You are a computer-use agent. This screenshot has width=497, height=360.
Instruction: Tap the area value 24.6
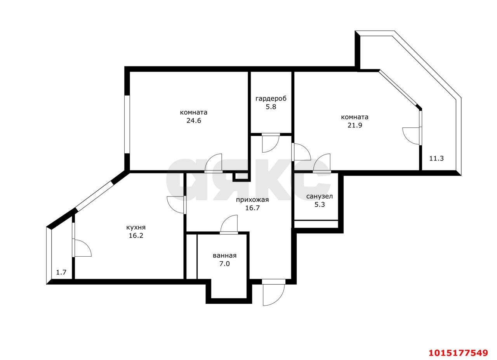tap(194, 120)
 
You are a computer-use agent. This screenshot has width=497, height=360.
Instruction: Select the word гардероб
tap(271, 99)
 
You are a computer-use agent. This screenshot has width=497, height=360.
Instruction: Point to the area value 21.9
tap(355, 125)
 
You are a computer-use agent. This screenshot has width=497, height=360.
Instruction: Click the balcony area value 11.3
tap(436, 158)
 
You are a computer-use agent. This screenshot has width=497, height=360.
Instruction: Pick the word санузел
tap(320, 196)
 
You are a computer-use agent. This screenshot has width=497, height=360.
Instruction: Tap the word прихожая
tap(252, 200)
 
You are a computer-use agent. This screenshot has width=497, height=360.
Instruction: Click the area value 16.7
tap(252, 208)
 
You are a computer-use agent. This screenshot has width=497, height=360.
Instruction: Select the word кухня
tap(136, 227)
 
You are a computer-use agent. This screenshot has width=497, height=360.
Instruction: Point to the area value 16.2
tap(136, 235)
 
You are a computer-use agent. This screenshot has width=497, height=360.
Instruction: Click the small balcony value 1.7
tap(61, 272)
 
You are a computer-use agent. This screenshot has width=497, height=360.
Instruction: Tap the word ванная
tap(224, 256)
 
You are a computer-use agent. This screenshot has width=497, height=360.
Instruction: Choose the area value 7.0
tap(224, 264)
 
